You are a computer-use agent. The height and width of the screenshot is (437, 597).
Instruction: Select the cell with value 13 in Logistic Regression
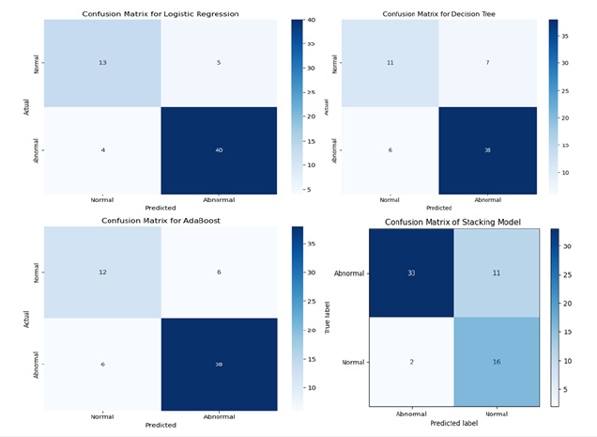click(x=102, y=63)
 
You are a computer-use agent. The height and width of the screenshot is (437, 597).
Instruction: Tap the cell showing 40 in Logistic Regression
click(x=219, y=150)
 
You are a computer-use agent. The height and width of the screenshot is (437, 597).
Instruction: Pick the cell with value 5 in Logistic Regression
click(x=219, y=63)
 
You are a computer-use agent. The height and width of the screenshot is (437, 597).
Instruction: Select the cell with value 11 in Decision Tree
click(x=389, y=63)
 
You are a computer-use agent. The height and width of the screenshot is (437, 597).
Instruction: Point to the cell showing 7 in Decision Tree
click(x=487, y=63)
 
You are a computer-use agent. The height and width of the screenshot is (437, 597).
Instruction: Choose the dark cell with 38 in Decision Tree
click(x=487, y=150)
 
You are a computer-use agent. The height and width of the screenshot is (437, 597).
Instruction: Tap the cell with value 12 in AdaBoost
click(x=102, y=273)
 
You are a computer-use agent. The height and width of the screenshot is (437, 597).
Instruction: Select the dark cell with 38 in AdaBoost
click(x=219, y=364)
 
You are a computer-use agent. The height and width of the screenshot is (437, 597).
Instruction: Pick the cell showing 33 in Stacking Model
click(x=410, y=273)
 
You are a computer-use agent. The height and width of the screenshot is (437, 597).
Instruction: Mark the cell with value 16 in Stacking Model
click(x=498, y=360)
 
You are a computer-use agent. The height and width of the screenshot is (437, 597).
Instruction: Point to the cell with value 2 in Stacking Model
click(x=410, y=360)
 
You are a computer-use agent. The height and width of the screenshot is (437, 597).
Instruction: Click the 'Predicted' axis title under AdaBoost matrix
click(x=161, y=425)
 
